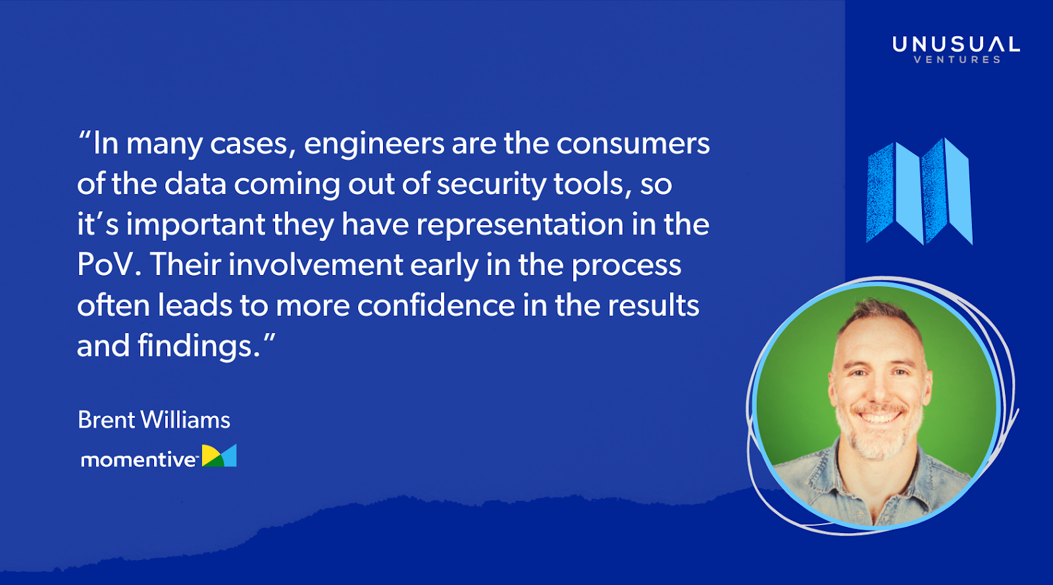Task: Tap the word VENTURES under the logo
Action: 957,59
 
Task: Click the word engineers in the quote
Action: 374,145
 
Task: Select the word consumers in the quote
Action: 632,143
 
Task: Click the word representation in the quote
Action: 520,225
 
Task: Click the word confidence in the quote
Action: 436,305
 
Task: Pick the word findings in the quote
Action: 199,347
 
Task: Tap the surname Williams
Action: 186,420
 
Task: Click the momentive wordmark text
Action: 139,459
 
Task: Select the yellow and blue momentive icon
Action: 219,455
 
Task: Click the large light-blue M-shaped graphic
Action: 919,191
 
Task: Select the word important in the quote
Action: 195,225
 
